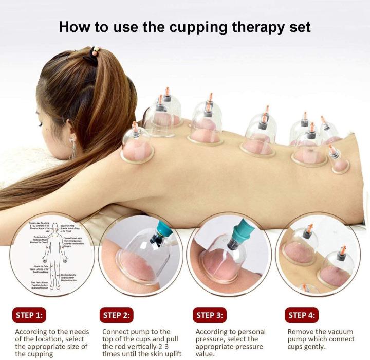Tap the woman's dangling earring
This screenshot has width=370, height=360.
click(73, 149)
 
